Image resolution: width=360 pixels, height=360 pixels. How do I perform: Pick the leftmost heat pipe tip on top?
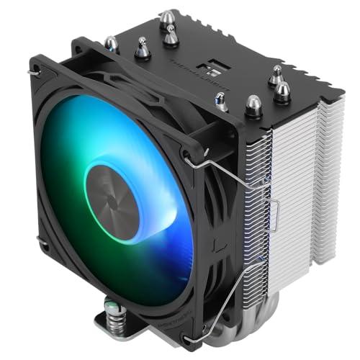112,44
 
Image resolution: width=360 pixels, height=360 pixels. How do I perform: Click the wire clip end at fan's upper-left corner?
33,71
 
